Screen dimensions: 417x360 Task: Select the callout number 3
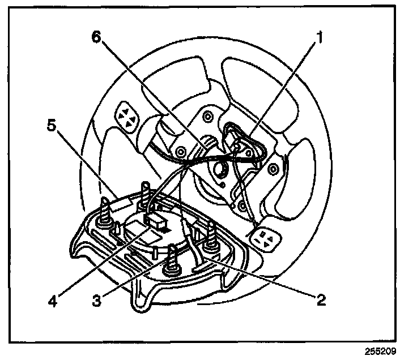[x=97, y=299]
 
